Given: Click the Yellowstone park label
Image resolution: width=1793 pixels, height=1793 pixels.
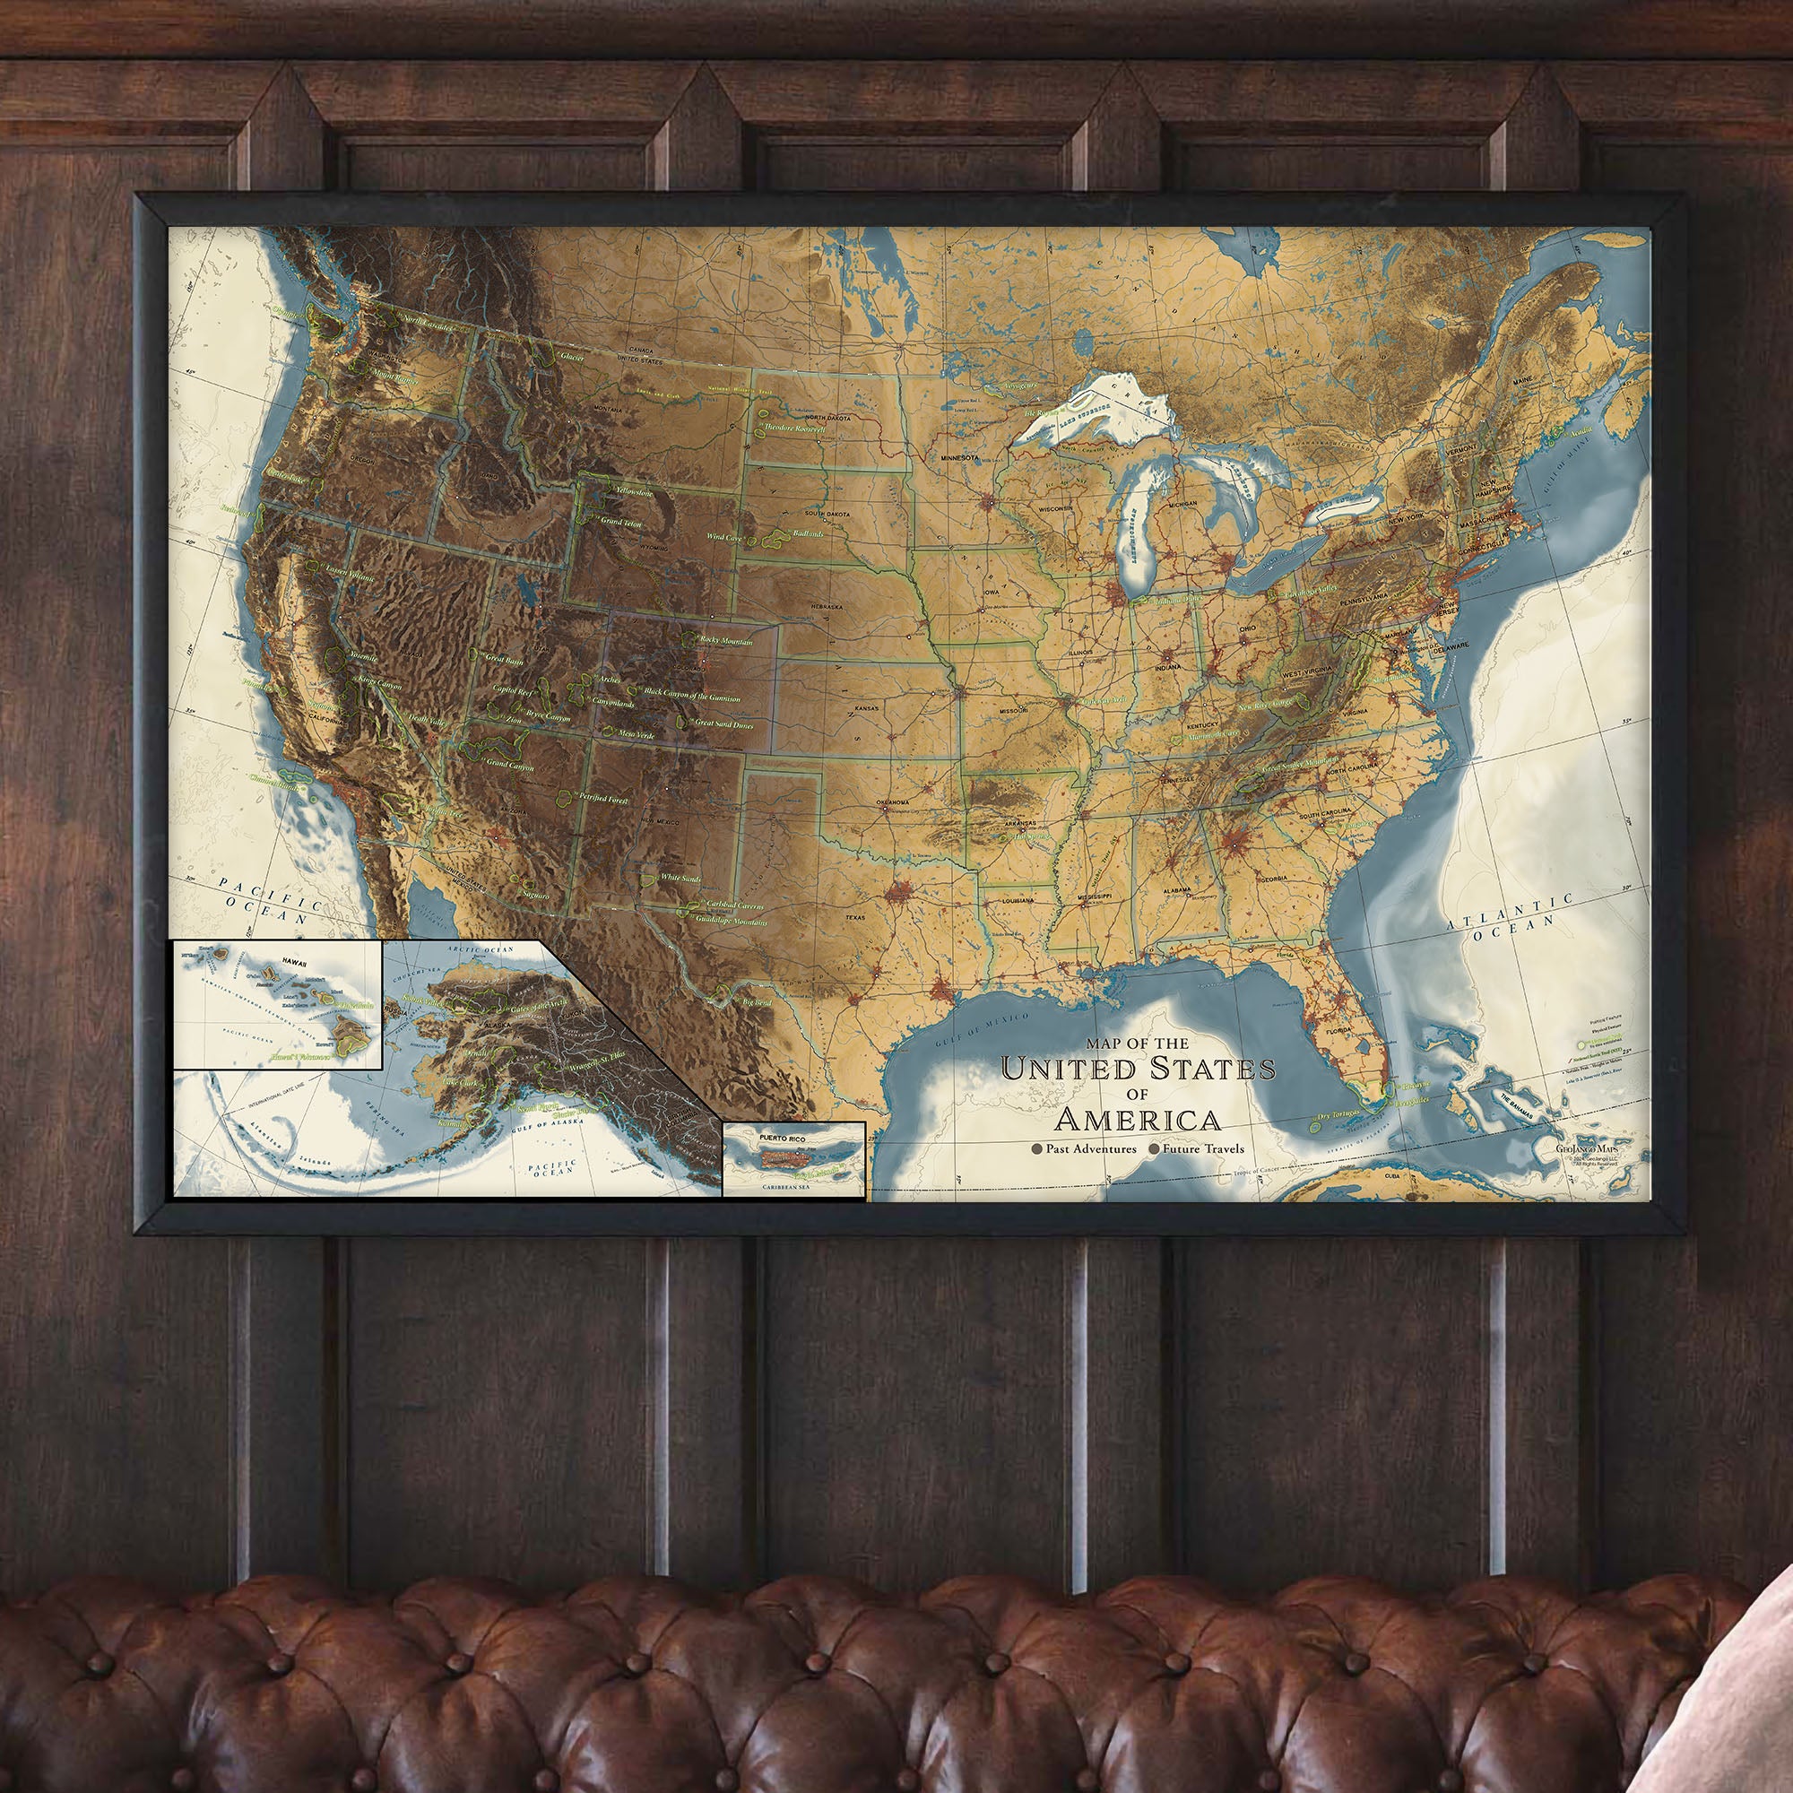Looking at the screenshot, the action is point(633,492).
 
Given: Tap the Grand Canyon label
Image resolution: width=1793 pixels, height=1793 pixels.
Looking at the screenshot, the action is point(509,765).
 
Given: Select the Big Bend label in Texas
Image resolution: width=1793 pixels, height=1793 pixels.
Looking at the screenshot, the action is point(758,1003).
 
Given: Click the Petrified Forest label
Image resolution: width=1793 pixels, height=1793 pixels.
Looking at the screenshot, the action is point(603,799).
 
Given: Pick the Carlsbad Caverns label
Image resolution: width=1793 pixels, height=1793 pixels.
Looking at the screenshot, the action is point(735,905).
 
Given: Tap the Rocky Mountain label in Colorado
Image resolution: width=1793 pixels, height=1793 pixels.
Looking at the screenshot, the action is point(726,641).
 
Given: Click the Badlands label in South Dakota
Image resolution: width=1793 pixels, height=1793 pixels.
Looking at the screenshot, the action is point(808,534).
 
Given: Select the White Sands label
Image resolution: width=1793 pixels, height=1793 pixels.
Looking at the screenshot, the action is point(680,878).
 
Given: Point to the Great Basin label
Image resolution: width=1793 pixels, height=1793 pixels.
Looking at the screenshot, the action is point(504,661).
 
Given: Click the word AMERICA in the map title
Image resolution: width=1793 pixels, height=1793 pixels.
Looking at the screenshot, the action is point(1138,1118).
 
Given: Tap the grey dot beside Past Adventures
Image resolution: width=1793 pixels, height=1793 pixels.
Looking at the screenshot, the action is point(1036,1149).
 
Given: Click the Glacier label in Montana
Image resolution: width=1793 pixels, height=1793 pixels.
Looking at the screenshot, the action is point(572,358).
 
